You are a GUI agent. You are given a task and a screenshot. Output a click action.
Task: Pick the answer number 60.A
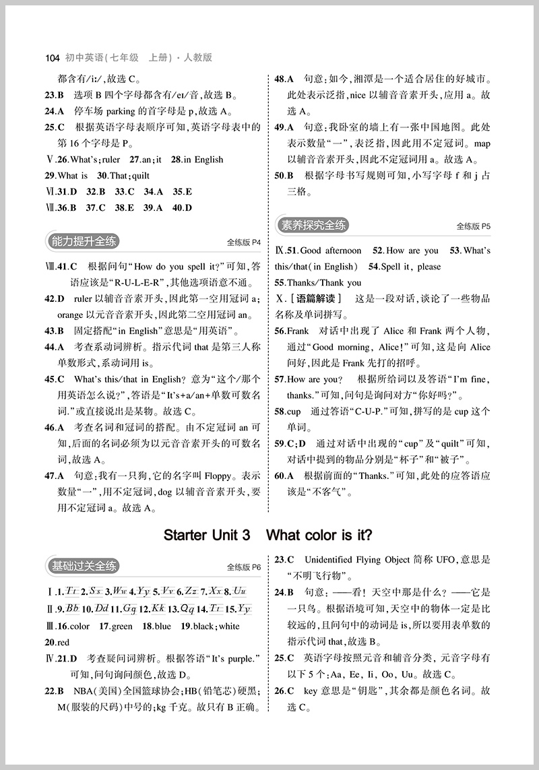[x=284, y=476]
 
